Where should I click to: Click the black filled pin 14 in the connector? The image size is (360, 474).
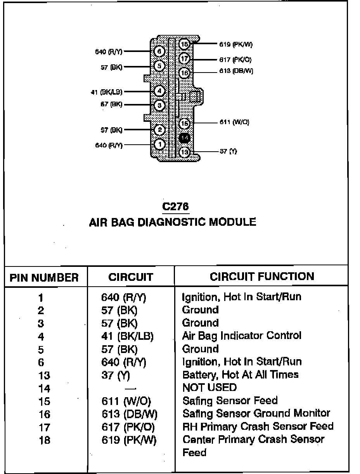pos(185,138)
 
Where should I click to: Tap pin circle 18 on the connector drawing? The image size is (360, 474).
pos(185,45)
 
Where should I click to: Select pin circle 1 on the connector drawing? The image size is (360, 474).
pos(160,144)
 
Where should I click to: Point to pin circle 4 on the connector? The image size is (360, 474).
pos(160,91)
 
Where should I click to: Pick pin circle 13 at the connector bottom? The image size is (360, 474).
pos(185,152)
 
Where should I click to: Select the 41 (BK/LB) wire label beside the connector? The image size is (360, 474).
pos(106,92)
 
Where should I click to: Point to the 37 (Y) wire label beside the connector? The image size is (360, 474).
pos(228,152)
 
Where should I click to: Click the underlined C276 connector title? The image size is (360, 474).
pos(176,206)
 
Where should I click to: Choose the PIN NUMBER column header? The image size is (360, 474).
pos(44,278)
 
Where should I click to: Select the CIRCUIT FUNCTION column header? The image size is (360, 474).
pos(262,277)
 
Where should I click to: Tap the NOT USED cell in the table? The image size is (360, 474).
pos(209,388)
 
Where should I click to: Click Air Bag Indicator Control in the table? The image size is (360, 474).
pos(242,336)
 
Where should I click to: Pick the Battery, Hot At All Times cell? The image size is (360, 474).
pos(241,375)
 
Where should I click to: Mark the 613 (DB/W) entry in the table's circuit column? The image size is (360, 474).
pos(129,414)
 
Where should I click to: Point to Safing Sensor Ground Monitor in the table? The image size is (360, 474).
pos(256,413)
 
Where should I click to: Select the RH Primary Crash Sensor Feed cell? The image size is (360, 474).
pos(258,427)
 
